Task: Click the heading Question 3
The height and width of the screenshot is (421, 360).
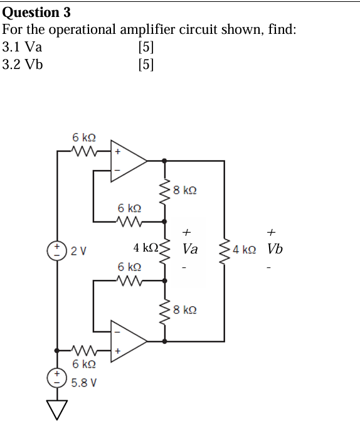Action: [x=37, y=12]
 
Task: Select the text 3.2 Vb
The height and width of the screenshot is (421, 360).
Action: [x=23, y=65]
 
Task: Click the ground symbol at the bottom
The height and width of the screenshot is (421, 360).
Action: [x=58, y=408]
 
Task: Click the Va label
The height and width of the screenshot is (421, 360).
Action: [x=189, y=249]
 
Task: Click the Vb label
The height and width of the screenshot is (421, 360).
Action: [x=274, y=249]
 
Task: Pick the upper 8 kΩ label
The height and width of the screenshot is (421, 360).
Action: [x=187, y=190]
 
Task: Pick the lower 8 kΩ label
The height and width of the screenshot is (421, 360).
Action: [x=187, y=310]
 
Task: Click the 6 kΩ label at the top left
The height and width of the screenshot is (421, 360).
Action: [x=83, y=137]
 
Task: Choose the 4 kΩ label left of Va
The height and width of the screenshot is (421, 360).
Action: [x=146, y=248]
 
